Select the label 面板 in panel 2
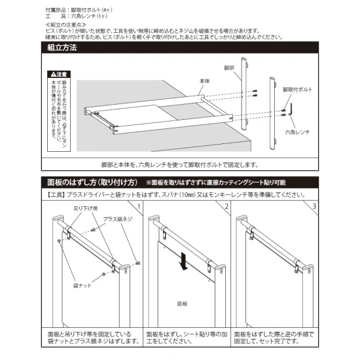[182, 304]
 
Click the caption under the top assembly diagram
[180, 165]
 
